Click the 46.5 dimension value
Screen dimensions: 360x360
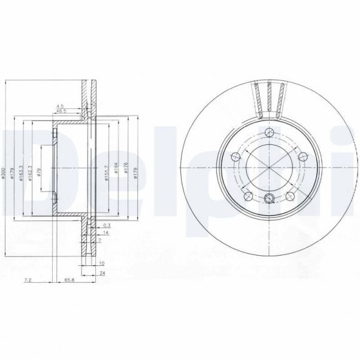(60, 111)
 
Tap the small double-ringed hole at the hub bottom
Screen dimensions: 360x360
(268, 199)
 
